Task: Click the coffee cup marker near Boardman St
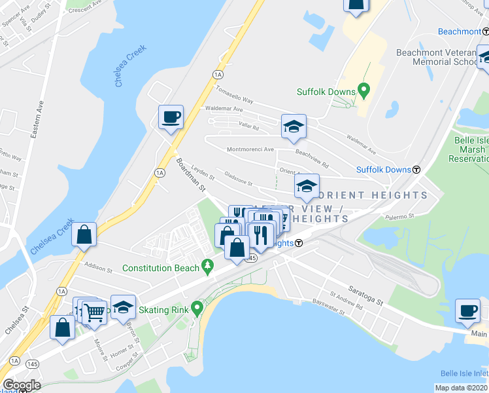(x=171, y=118)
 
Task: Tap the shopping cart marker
(x=94, y=313)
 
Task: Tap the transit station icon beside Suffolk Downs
(x=416, y=170)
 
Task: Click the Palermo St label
(x=400, y=215)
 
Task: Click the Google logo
(x=22, y=384)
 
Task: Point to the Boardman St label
(x=190, y=174)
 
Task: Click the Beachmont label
(x=459, y=31)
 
